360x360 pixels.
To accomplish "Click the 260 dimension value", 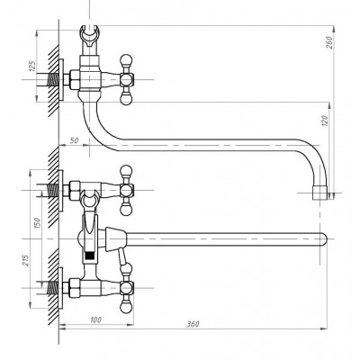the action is (329, 42).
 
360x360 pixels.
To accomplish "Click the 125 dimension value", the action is (32, 67).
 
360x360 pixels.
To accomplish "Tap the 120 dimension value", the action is (325, 121).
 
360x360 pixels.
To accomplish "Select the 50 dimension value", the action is (74, 140).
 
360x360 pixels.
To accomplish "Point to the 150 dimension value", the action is (37, 223).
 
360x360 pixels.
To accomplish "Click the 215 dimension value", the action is (26, 260).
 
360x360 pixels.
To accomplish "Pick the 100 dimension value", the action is (95, 320).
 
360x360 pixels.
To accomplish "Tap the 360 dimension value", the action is (193, 324).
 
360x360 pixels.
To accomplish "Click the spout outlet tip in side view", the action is (320, 193).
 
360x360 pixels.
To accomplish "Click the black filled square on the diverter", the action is (90, 256).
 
